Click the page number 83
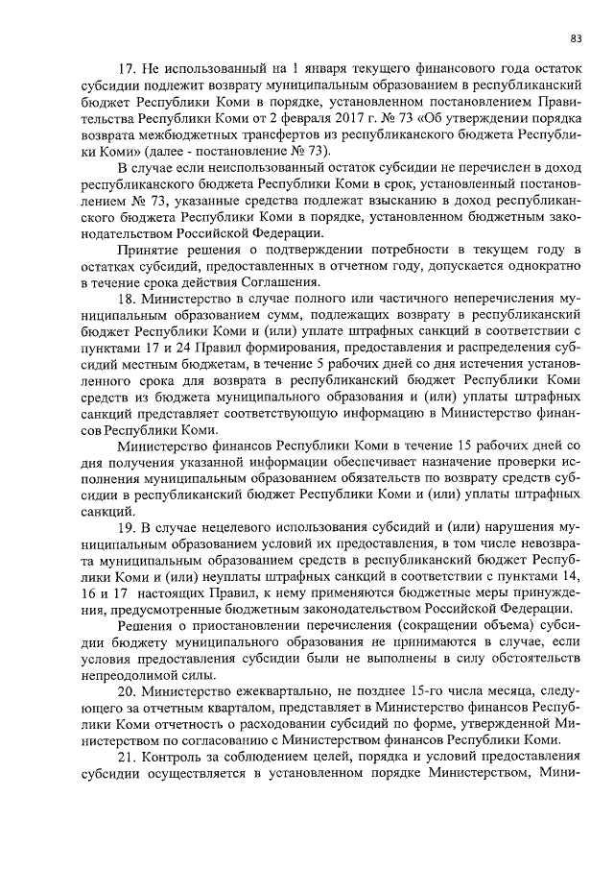[x=576, y=38]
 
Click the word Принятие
[x=145, y=250]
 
